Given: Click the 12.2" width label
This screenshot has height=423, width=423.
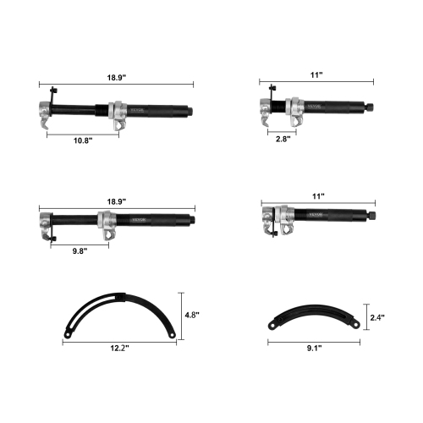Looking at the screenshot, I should pos(118,348).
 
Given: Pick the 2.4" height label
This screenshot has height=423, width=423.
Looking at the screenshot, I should pos(376,317).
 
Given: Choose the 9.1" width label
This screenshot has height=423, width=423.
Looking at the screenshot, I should pos(313,347).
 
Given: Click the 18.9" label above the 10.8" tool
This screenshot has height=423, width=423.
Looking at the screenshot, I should pos(117,76).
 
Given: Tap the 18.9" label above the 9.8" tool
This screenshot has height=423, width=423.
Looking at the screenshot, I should pos(117,201).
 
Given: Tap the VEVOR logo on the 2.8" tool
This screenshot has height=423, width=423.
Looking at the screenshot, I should pos(316,107).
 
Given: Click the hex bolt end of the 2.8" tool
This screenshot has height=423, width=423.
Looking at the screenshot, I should pos(371,107).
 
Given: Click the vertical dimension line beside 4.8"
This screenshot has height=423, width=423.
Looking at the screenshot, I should pos(181,314).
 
